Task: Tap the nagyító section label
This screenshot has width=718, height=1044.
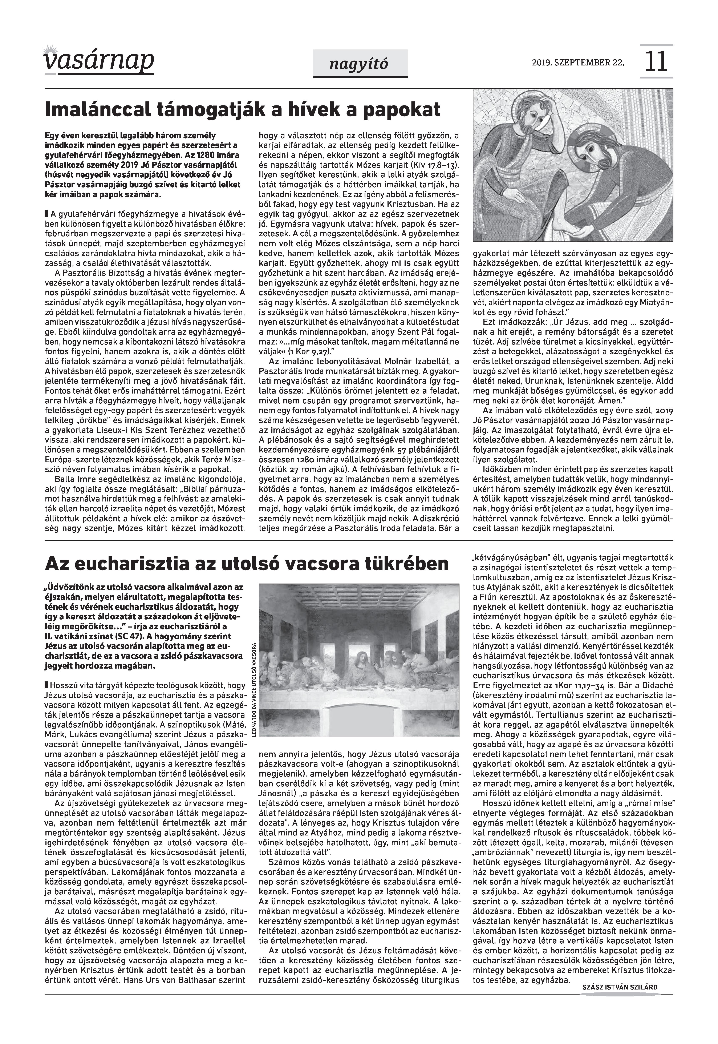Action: tap(360, 64)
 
